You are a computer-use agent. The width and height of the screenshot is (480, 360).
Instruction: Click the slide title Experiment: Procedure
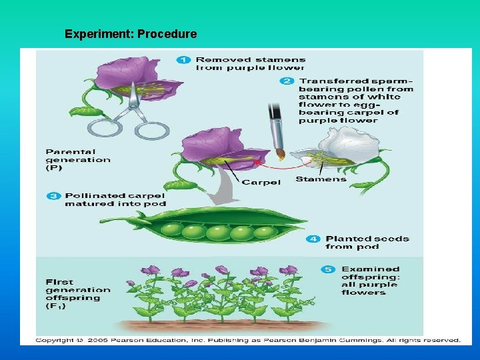coord(131,34)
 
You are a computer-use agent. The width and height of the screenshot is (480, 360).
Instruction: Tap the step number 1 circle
coord(183,60)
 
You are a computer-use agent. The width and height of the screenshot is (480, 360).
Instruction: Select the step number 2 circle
coord(287,81)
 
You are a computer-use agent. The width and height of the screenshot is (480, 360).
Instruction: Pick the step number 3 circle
coord(53,195)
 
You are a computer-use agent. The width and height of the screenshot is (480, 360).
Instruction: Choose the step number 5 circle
coord(329,269)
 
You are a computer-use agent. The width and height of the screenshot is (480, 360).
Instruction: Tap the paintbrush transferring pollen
coord(276,130)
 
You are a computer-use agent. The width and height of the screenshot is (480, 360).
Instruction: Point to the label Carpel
coord(261,182)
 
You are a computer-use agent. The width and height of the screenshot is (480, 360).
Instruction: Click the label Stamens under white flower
coord(321,179)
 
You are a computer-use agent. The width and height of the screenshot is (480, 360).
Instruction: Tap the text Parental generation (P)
coord(77,160)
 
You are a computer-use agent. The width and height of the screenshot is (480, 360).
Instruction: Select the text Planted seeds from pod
coord(367,243)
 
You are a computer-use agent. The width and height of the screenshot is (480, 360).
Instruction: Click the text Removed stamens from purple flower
coord(250,63)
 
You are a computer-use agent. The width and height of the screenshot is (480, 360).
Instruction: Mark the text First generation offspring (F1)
coord(77,294)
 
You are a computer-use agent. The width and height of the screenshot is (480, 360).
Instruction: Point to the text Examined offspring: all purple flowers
coord(370,281)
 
